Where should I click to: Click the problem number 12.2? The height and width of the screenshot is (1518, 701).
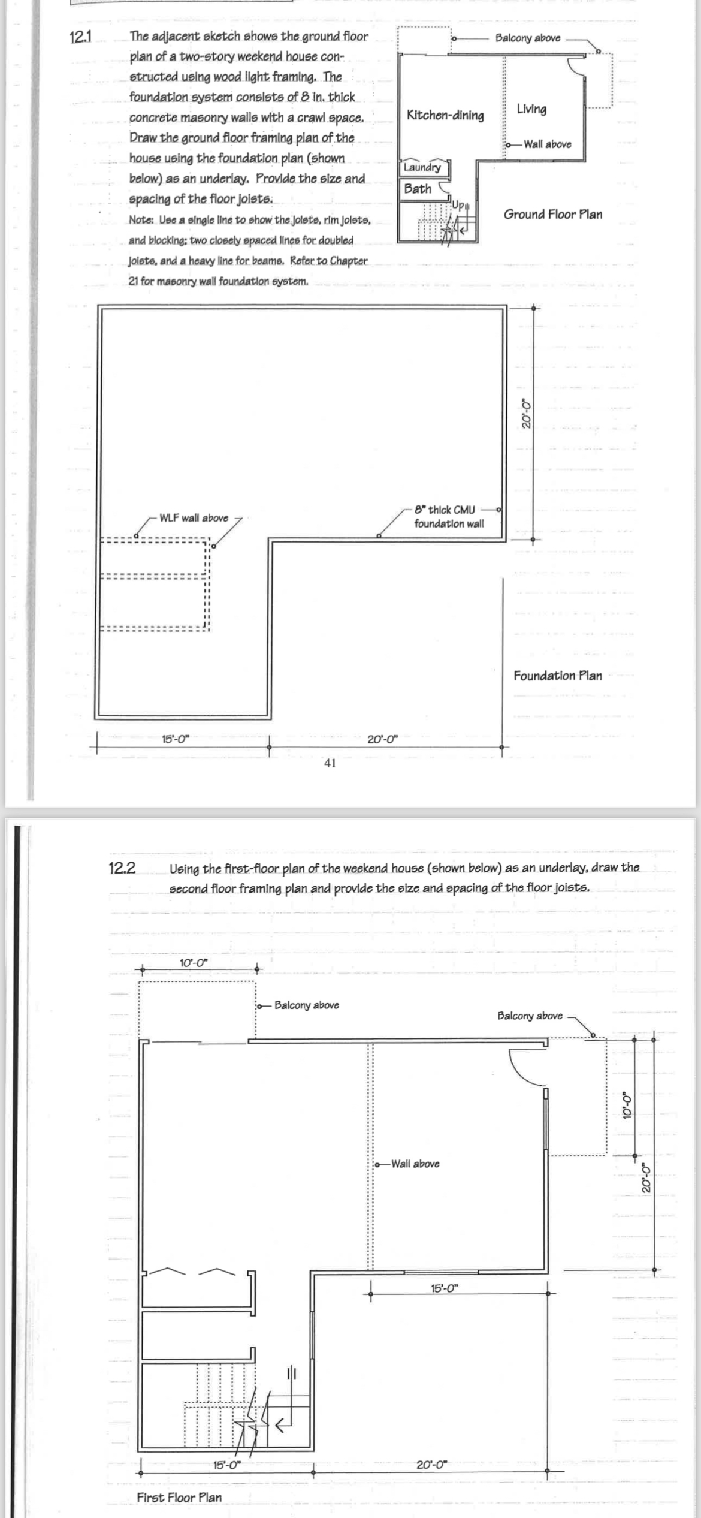click(122, 868)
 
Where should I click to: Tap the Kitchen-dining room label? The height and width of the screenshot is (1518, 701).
click(445, 115)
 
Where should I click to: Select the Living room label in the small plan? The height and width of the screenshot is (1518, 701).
click(531, 109)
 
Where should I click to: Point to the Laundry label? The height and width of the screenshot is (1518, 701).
click(422, 167)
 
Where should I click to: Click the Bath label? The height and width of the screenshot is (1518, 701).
click(418, 189)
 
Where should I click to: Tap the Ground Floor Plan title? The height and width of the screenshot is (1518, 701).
click(552, 215)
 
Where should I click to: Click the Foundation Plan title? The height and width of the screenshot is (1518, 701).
click(557, 676)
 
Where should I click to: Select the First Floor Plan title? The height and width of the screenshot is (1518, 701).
click(179, 1497)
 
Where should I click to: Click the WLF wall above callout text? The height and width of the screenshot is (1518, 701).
click(194, 518)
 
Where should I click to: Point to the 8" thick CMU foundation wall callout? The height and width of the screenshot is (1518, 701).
click(448, 517)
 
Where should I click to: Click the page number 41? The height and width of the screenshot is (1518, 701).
click(330, 763)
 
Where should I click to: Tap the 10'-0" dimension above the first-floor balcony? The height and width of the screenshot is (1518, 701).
click(193, 963)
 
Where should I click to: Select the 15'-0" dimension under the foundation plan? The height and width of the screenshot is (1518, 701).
click(176, 739)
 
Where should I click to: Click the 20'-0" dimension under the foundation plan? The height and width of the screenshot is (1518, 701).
click(382, 739)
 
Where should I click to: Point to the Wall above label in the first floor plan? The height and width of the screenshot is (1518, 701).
click(415, 1164)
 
